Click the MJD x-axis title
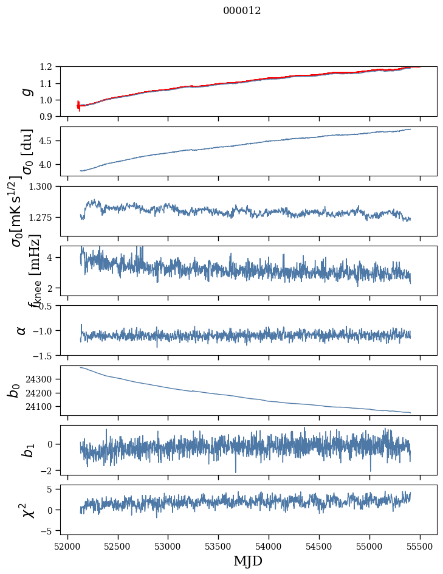(x=248, y=561)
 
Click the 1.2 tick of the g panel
(x=48, y=67)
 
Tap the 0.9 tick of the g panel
(x=48, y=116)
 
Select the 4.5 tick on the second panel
(x=48, y=141)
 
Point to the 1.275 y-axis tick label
(x=43, y=217)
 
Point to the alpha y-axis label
(x=22, y=330)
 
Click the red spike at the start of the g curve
(x=78, y=106)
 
